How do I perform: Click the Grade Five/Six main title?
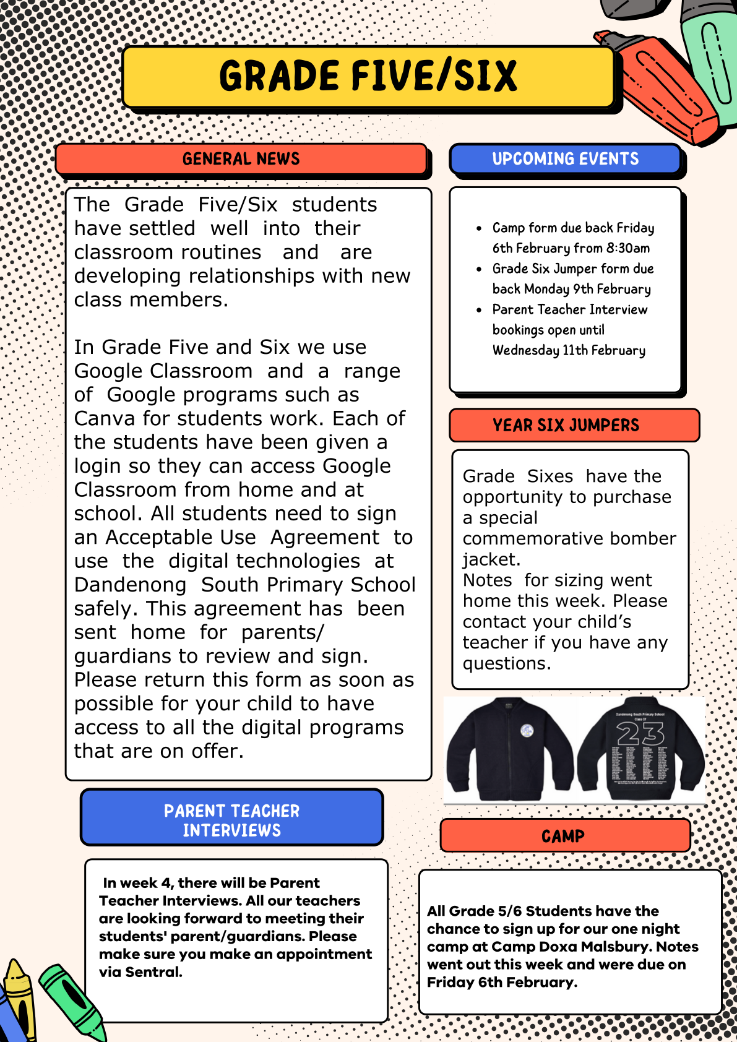[368, 77]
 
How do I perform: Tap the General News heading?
[241, 159]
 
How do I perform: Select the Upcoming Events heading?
[565, 159]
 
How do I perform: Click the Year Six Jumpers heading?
[566, 425]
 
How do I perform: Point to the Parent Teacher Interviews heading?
[231, 820]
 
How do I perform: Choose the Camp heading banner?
[562, 836]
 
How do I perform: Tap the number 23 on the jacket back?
[640, 734]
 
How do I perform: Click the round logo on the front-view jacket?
[527, 731]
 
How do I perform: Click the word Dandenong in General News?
[130, 585]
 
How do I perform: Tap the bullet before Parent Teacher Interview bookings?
[479, 310]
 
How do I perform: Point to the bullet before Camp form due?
[479, 228]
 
